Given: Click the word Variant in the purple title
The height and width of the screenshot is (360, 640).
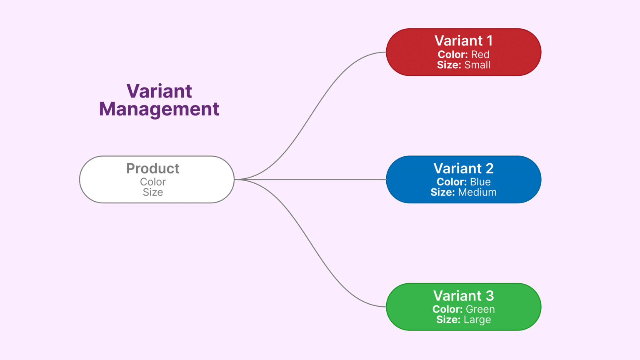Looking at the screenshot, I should pyautogui.click(x=159, y=91).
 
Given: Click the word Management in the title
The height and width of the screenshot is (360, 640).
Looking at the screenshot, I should pyautogui.click(x=159, y=109).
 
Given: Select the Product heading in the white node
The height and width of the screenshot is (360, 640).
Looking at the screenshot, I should pyautogui.click(x=152, y=169).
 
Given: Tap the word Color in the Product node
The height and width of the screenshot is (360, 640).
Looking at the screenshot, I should pyautogui.click(x=152, y=182).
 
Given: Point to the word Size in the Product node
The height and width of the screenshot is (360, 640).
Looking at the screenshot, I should pyautogui.click(x=152, y=192).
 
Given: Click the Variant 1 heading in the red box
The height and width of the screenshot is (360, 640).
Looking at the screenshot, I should pyautogui.click(x=463, y=41).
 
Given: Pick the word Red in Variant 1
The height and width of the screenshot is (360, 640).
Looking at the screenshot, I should pyautogui.click(x=480, y=55).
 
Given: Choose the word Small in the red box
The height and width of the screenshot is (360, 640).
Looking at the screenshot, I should pyautogui.click(x=477, y=65).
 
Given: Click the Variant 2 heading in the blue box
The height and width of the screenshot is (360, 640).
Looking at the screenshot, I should pyautogui.click(x=463, y=169).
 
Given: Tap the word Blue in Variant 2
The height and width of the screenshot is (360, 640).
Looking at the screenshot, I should pyautogui.click(x=480, y=182).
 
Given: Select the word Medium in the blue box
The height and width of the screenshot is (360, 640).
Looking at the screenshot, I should pyautogui.click(x=477, y=192).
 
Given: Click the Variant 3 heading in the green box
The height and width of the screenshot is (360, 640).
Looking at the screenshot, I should pyautogui.click(x=463, y=296).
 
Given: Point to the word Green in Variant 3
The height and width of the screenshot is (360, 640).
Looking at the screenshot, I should pyautogui.click(x=480, y=310).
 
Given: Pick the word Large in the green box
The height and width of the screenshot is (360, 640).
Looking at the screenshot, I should pyautogui.click(x=477, y=320).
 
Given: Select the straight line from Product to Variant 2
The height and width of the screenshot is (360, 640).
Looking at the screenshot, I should pyautogui.click(x=310, y=180).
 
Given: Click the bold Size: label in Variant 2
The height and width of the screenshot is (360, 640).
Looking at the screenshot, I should pyautogui.click(x=442, y=192).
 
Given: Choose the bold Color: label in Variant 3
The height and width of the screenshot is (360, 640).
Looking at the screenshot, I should pyautogui.click(x=447, y=310).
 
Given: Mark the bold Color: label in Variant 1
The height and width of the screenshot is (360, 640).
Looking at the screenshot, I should pyautogui.click(x=452, y=55).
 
